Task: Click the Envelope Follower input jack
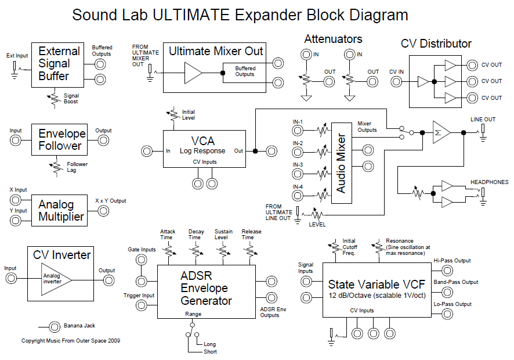(16, 141)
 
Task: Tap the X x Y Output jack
(104, 211)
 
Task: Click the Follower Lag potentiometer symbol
(57, 167)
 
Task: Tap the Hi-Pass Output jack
(447, 271)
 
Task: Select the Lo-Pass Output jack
(447, 314)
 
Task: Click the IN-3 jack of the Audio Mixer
(298, 174)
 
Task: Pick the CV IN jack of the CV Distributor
(396, 81)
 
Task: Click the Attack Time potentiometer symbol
(169, 251)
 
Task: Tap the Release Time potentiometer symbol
(250, 251)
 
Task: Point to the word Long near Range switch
(210, 344)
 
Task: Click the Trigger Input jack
(142, 305)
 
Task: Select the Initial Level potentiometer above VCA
(173, 114)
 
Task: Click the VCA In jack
(147, 151)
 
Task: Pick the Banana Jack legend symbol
(55, 327)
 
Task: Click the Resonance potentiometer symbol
(378, 246)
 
